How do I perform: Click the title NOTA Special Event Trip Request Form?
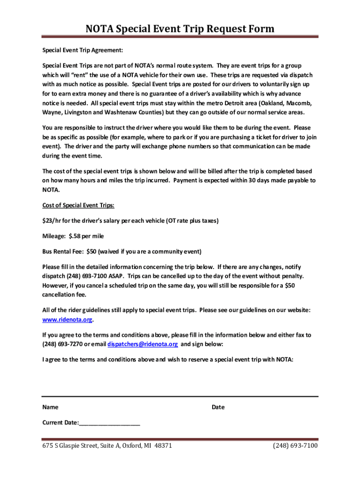(180, 29)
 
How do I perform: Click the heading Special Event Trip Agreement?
(82, 50)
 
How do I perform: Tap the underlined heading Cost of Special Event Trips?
(79, 205)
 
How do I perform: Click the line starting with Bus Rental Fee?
(122, 251)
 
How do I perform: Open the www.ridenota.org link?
(67, 320)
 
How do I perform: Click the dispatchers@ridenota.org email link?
(143, 344)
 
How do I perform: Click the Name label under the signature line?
(50, 407)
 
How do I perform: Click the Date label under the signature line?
(218, 407)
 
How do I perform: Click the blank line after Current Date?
(109, 423)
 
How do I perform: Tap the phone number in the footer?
(295, 445)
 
